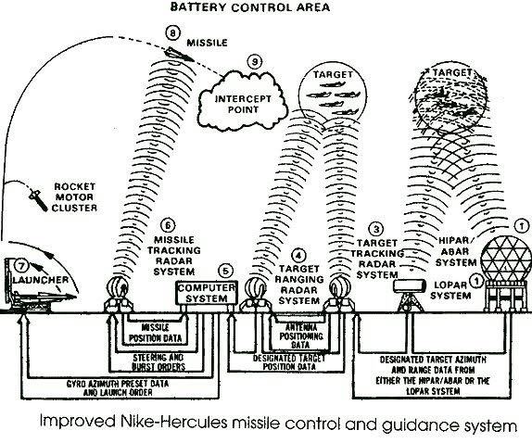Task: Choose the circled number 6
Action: (x=167, y=225)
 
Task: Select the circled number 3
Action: (x=375, y=228)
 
